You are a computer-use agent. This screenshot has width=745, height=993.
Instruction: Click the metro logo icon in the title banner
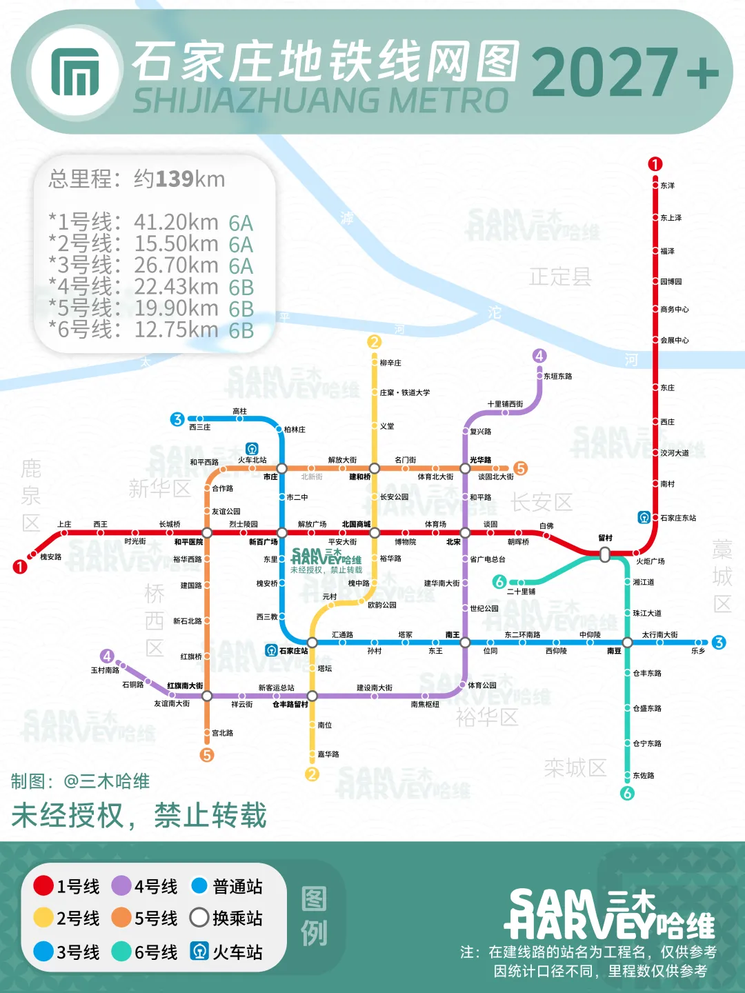(74, 72)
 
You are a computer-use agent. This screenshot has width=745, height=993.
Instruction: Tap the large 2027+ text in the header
(625, 72)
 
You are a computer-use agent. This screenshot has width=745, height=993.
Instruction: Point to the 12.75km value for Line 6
(176, 330)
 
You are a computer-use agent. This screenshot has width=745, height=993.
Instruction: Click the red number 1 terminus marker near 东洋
(655, 164)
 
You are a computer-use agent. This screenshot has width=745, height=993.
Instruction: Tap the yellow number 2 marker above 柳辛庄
(374, 341)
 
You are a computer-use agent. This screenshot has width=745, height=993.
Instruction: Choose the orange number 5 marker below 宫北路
(207, 755)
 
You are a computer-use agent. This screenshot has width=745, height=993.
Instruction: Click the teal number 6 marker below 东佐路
(627, 793)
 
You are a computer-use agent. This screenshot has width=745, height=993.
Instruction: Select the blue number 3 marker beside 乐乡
(719, 643)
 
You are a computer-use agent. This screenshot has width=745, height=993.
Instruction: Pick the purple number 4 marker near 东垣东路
(539, 356)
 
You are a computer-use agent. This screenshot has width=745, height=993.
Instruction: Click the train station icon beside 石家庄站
(272, 650)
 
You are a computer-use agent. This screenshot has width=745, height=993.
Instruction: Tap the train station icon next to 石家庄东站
(644, 517)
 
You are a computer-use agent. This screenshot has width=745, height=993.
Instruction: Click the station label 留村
(605, 538)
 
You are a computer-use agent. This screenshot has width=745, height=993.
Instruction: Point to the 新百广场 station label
(263, 542)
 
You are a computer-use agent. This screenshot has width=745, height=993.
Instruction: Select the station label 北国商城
(356, 524)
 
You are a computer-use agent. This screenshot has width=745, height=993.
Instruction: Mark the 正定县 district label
(560, 277)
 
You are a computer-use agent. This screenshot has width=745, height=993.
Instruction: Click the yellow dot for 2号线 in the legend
(43, 918)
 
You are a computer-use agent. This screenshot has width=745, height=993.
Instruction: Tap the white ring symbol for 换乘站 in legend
(199, 918)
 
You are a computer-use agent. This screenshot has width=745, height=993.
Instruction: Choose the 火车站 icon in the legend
(199, 952)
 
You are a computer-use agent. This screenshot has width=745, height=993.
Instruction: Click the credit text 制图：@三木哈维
(80, 781)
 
